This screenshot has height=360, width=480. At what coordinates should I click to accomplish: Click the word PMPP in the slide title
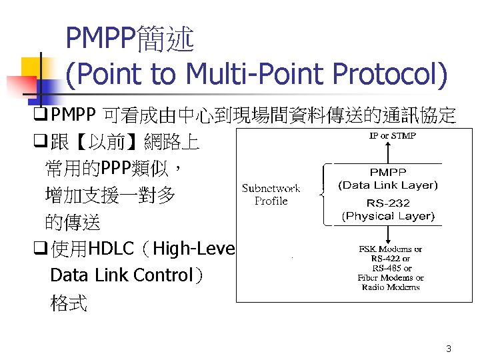pyautogui.click(x=100, y=41)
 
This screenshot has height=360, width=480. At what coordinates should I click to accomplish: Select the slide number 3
pyautogui.click(x=449, y=349)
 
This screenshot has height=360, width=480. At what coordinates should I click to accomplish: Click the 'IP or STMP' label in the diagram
pyautogui.click(x=393, y=136)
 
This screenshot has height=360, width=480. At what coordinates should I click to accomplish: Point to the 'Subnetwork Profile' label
pyautogui.click(x=271, y=194)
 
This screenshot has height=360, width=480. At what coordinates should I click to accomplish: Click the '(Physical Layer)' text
pyautogui.click(x=387, y=216)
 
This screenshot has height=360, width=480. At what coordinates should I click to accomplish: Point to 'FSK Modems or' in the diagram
pyautogui.click(x=391, y=249)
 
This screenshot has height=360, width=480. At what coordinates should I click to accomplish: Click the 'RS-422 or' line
pyautogui.click(x=391, y=259)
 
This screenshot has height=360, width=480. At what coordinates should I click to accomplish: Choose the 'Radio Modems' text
pyautogui.click(x=391, y=287)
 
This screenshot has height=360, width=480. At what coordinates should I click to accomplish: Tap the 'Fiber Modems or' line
pyautogui.click(x=391, y=277)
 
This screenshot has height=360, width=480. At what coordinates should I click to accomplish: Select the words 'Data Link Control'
pyautogui.click(x=121, y=275)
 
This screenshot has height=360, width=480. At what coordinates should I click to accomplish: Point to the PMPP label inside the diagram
pyautogui.click(x=387, y=173)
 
